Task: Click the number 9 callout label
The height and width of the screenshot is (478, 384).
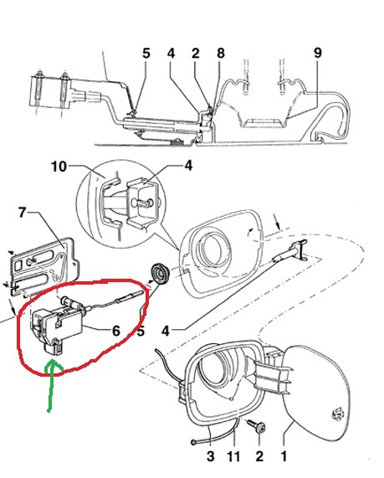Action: click(317, 53)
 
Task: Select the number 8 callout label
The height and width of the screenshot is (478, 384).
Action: click(220, 53)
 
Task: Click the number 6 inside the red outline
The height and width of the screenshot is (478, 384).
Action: click(116, 331)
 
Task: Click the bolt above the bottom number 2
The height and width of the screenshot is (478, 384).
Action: click(258, 428)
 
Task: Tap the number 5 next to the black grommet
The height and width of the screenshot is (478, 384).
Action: click(141, 331)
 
